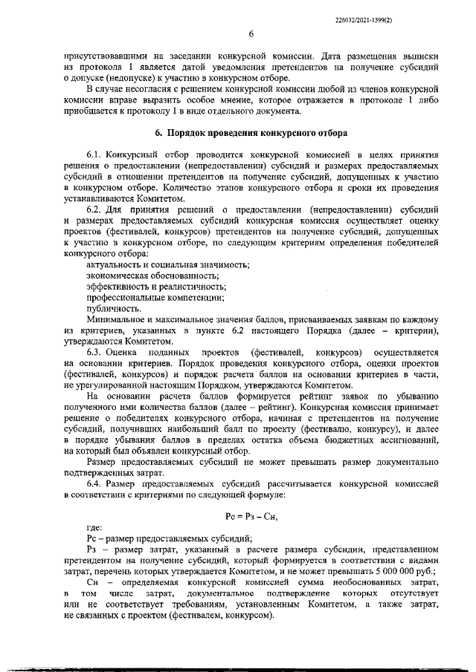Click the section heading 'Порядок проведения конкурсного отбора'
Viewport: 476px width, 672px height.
[251, 134]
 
